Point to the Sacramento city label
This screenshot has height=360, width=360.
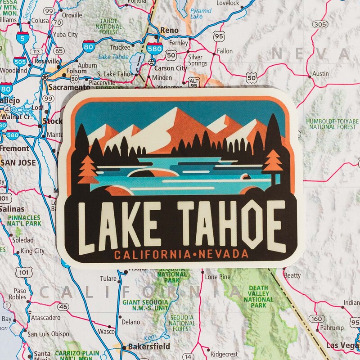tap(69, 87)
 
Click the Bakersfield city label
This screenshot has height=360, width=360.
tap(149, 346)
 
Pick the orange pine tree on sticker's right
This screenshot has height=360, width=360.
tap(273, 160)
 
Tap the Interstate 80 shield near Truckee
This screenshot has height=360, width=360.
tap(88, 45)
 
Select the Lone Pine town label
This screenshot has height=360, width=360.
tap(218, 277)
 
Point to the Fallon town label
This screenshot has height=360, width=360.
tap(224, 52)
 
